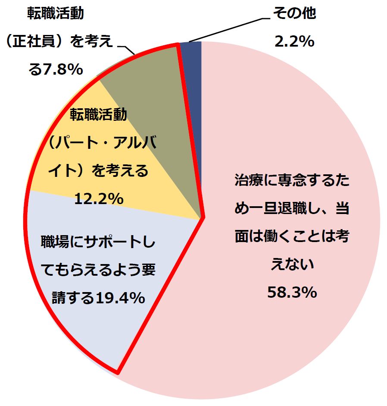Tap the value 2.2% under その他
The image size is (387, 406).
tap(296, 41)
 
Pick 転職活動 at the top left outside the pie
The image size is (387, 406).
tap(56, 14)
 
